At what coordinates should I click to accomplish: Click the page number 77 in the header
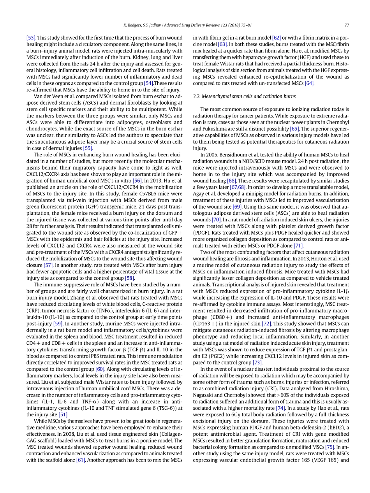pyautogui.click(x=347, y=25)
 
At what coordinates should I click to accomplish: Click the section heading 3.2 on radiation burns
pyautogui.click(x=244, y=96)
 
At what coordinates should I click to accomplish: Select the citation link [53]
pyautogui.click(x=31, y=38)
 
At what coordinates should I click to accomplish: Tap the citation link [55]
pyautogui.click(x=88, y=148)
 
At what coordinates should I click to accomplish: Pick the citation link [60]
pyautogui.click(x=100, y=369)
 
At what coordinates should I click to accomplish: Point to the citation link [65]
pyautogui.click(x=295, y=128)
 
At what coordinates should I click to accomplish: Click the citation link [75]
pyautogui.click(x=330, y=447)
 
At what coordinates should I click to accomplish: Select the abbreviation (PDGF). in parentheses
pyautogui.click(x=202, y=233)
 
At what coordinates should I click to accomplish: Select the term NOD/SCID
pyautogui.click(x=256, y=161)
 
